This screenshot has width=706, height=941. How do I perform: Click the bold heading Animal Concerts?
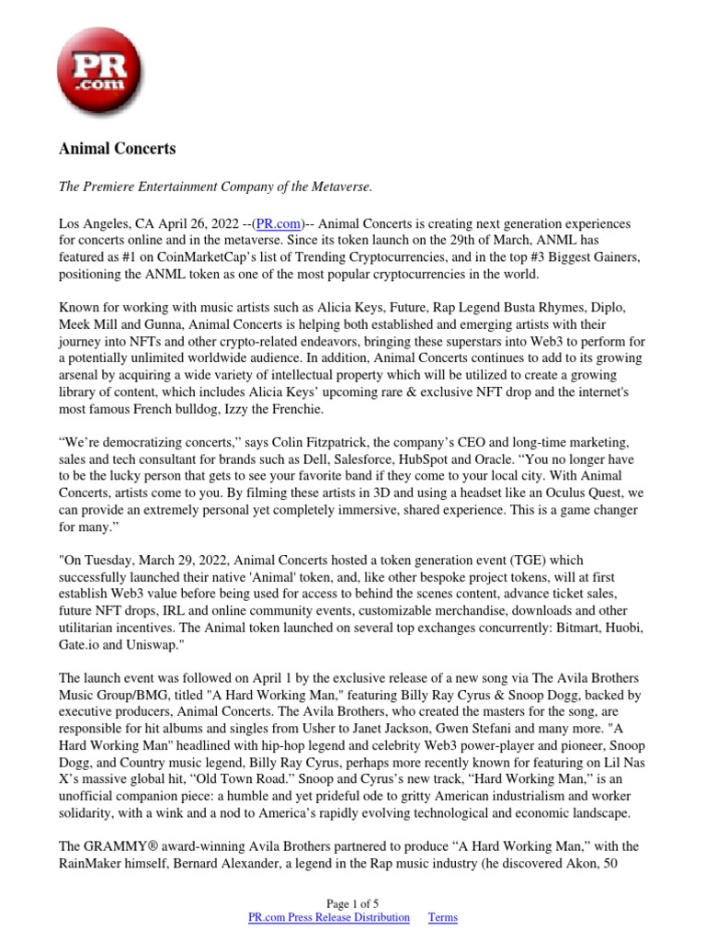(117, 148)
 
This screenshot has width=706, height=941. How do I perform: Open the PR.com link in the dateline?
(277, 224)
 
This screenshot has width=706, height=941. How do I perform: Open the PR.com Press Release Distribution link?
(329, 917)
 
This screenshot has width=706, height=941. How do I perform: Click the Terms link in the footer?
(442, 917)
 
